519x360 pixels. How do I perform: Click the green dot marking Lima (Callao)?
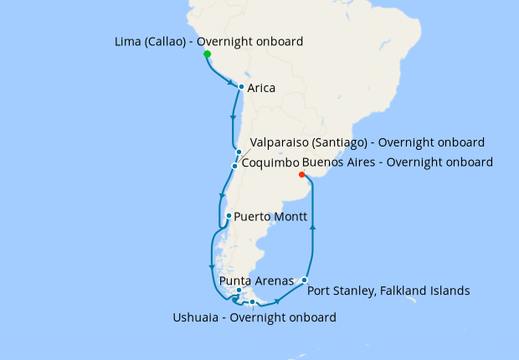tap(208, 54)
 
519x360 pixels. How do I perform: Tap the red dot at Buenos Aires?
tap(301, 175)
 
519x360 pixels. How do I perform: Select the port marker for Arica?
tap(241, 87)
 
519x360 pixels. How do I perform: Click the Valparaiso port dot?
tap(239, 152)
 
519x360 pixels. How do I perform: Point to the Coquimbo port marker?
tap(234, 165)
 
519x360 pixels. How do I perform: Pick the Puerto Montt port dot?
tap(229, 216)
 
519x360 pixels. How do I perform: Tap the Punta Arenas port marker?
tap(239, 291)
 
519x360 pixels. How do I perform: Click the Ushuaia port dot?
tap(252, 302)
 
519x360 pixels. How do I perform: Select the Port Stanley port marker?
tap(305, 280)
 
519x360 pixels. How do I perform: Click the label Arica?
tap(262, 88)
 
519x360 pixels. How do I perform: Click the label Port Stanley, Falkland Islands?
tap(388, 291)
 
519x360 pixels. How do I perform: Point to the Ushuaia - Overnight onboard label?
tap(254, 317)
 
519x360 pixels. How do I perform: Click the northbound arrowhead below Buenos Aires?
tap(312, 225)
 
